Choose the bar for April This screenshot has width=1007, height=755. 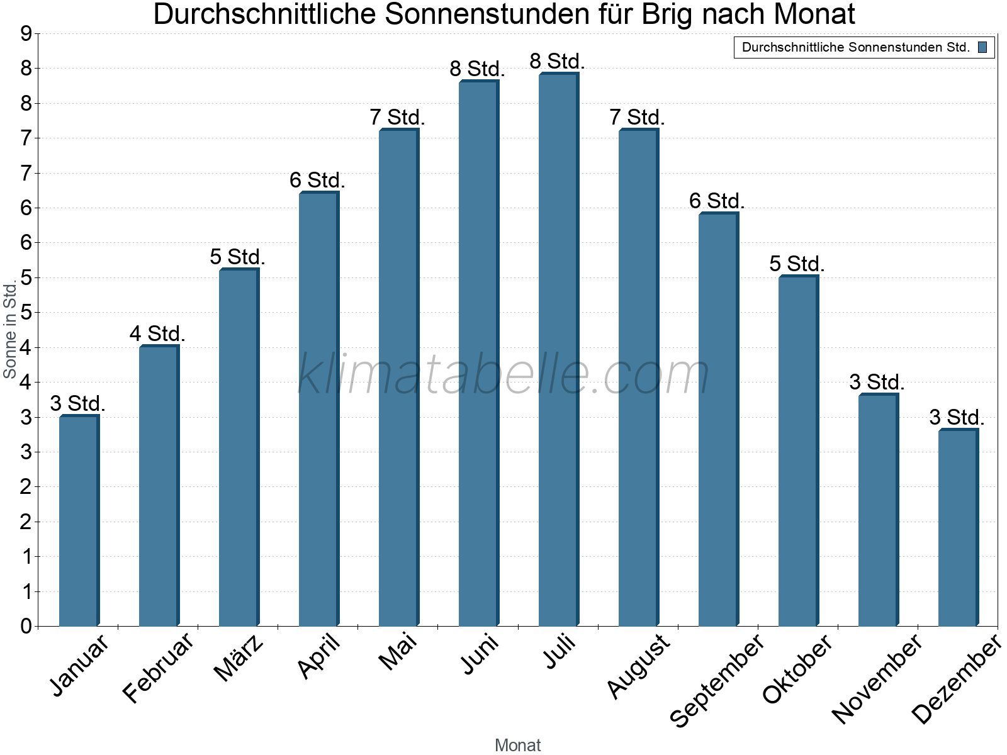click(318, 409)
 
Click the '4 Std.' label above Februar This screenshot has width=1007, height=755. click(157, 333)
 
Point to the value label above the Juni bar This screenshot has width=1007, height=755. click(477, 69)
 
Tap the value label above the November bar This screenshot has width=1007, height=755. click(877, 382)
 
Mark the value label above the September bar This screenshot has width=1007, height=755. click(717, 201)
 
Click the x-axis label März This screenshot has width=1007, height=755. click(239, 658)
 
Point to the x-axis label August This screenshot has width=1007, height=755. click(638, 666)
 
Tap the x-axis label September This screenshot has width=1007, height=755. click(717, 679)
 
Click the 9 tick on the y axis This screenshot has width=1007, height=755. click(26, 34)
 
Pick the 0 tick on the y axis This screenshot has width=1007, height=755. click(26, 626)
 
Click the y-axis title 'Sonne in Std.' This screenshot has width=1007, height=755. click(10, 330)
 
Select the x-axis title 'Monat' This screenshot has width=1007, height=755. click(517, 745)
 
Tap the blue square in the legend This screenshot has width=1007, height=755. click(982, 47)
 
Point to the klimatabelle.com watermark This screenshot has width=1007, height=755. click(503, 374)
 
